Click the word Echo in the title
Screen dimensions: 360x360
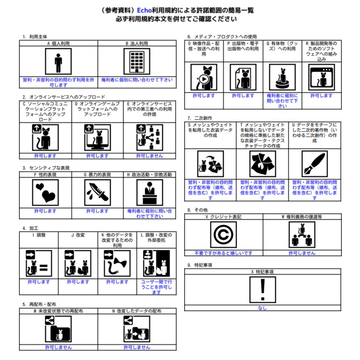click(x=144, y=11)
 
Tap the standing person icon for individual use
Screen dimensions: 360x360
click(x=58, y=61)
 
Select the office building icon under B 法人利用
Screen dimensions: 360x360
click(x=137, y=61)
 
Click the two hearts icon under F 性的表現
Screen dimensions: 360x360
click(x=45, y=192)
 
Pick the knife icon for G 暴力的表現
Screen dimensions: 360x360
click(x=97, y=192)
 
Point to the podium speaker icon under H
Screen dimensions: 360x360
click(x=150, y=192)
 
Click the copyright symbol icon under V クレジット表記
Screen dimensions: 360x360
click(x=224, y=235)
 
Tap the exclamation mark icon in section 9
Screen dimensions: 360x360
click(x=263, y=290)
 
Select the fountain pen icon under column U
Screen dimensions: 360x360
click(x=315, y=164)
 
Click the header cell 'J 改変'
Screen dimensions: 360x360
click(x=78, y=235)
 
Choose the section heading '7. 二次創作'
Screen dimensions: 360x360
click(x=200, y=118)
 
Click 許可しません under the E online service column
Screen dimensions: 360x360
click(x=150, y=156)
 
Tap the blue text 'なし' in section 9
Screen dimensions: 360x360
click(x=262, y=308)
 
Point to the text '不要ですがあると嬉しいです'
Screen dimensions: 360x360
click(x=224, y=253)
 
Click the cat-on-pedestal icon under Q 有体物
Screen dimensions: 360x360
click(x=282, y=77)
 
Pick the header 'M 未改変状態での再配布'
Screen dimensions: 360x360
click(x=58, y=311)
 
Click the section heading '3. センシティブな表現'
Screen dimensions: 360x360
click(x=46, y=168)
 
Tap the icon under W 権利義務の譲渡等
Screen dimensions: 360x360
click(x=302, y=235)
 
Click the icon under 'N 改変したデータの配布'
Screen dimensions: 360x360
click(x=137, y=329)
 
